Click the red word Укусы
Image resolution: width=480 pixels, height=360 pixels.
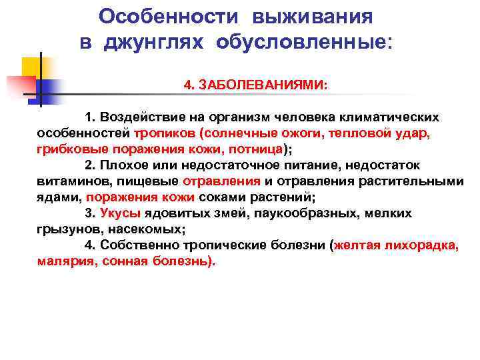click(x=120, y=213)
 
